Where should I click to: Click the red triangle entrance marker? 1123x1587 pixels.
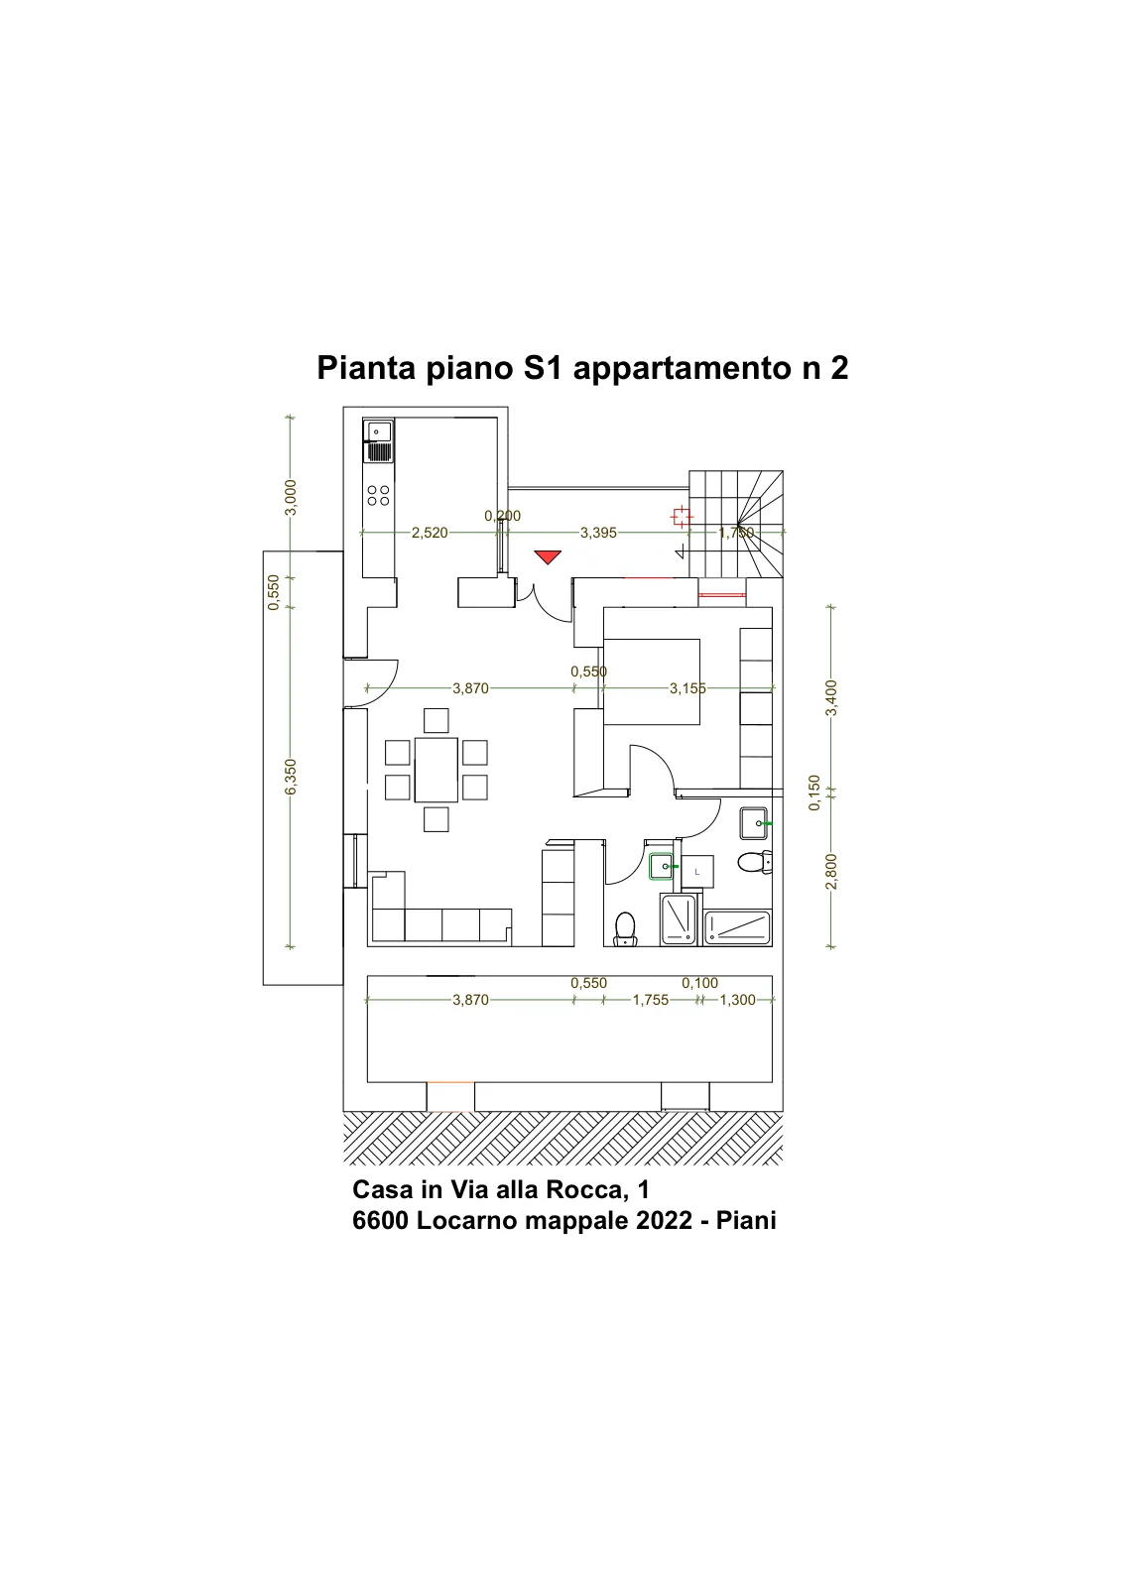pos(548,556)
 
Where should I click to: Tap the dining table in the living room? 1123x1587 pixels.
pos(436,769)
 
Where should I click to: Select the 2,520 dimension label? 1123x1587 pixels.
pos(430,533)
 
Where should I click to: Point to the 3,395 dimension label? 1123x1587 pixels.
pos(598,533)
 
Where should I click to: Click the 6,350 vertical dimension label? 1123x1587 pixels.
pos(291,777)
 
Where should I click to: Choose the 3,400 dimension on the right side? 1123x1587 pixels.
pos(831,698)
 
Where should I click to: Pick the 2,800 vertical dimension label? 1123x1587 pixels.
pos(831,872)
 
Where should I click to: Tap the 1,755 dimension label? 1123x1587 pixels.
pos(651,1000)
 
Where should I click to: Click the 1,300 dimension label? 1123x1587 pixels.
pos(737,1000)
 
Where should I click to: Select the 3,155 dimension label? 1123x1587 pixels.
pos(687,688)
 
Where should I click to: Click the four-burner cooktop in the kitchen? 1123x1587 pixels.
pos(378,495)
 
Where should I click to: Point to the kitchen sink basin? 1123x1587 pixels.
pos(379,430)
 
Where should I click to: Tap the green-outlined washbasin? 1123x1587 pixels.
pos(662,867)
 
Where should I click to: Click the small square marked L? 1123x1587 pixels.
pos(697,872)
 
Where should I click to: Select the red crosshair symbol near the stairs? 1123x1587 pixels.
pos(682,517)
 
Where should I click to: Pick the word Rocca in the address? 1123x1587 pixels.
pos(581,1189)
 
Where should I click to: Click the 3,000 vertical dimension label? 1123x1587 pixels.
pos(291,497)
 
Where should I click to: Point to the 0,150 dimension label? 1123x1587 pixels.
pos(814,793)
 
